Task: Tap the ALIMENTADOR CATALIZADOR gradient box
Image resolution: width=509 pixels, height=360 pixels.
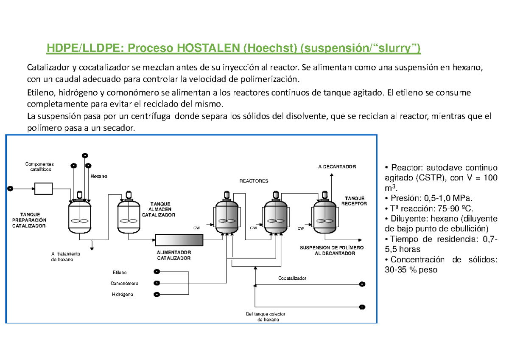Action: pos(179,240)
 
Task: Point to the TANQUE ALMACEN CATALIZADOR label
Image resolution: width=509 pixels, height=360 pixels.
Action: pos(158,209)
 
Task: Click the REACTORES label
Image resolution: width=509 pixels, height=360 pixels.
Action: pos(254,181)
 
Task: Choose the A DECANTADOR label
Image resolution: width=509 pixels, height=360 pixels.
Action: pos(337,167)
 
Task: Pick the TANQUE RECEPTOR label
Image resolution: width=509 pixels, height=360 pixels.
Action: pos(355,201)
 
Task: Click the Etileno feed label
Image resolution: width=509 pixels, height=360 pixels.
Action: pos(119,272)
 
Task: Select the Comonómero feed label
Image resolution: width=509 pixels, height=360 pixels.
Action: pos(124,283)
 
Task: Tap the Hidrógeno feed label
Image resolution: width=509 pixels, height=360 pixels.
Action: pos(122,294)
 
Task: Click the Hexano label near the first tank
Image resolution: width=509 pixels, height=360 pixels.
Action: pos(98,176)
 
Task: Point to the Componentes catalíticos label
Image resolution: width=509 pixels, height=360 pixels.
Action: pos(40,166)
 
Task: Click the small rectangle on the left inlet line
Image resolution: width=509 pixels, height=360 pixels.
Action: pos(43,188)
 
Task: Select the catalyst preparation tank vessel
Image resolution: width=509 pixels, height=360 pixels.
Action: pos(80,216)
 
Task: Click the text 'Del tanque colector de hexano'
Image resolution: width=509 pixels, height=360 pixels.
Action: pos(266,317)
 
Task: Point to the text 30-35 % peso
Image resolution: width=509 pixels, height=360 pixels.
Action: pos(410,270)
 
